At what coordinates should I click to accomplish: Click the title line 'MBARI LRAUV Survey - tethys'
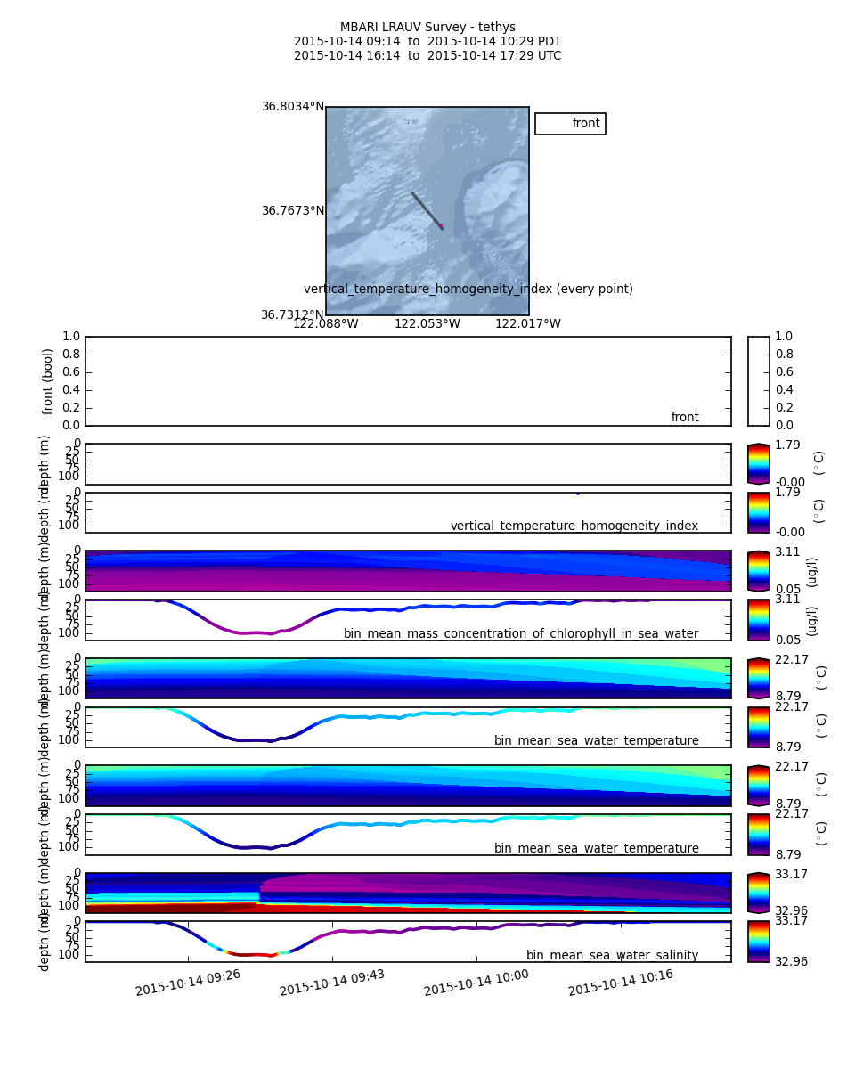pyautogui.click(x=427, y=28)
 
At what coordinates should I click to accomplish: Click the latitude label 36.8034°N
pyautogui.click(x=293, y=107)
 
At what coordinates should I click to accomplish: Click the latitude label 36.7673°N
pyautogui.click(x=293, y=211)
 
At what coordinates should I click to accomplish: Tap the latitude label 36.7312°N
pyautogui.click(x=293, y=315)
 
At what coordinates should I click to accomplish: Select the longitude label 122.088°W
pyautogui.click(x=326, y=324)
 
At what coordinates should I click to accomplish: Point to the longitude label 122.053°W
pyautogui.click(x=427, y=324)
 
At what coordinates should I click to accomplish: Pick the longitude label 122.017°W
pyautogui.click(x=528, y=324)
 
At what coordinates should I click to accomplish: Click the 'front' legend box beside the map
pyautogui.click(x=570, y=124)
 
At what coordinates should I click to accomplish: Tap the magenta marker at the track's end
pyautogui.click(x=441, y=226)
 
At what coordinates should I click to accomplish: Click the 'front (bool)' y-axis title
pyautogui.click(x=48, y=381)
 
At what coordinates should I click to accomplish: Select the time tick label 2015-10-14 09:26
pyautogui.click(x=188, y=983)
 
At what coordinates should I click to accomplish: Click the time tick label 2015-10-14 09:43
pyautogui.click(x=332, y=983)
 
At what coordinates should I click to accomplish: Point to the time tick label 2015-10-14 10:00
pyautogui.click(x=476, y=983)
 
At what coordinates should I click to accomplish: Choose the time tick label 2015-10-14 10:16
pyautogui.click(x=621, y=983)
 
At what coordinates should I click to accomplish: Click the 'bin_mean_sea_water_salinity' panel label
pyautogui.click(x=612, y=956)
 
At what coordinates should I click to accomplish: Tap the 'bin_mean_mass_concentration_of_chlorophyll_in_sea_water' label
pyautogui.click(x=521, y=634)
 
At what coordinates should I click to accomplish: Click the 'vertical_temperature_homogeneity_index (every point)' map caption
pyautogui.click(x=468, y=290)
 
